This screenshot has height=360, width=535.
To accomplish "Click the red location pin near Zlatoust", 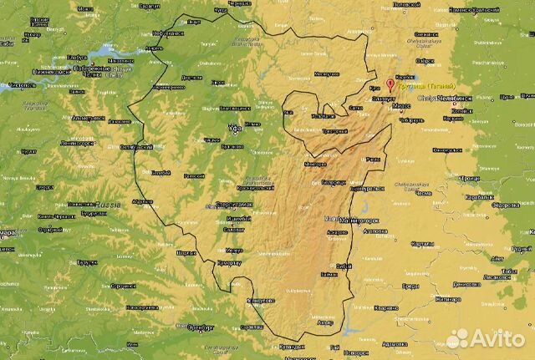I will [390, 84].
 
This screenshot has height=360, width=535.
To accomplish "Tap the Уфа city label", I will [236, 129].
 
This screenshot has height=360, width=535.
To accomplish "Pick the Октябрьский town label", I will [136, 147].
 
